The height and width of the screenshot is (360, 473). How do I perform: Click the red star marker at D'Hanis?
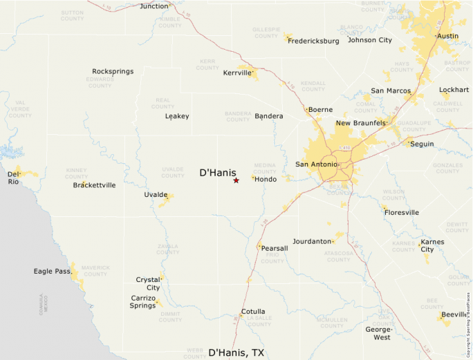236,180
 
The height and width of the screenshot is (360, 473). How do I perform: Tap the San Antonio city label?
316,164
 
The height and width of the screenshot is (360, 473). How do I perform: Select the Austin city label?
448,36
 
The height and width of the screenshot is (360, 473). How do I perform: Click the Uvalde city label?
156,195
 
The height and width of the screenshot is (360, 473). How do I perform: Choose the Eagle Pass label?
52,271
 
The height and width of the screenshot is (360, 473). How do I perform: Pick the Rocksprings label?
113,71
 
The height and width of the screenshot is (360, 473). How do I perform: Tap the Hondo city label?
266,179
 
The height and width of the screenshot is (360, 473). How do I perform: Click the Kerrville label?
237,73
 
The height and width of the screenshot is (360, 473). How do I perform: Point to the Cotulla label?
253,312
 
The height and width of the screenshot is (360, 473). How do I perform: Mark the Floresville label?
402,213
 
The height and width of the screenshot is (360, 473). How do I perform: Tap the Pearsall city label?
275,248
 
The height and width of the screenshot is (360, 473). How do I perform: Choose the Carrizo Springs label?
143,301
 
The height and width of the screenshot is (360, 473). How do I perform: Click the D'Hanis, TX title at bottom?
236,352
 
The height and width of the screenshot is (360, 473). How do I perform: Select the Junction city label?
154,6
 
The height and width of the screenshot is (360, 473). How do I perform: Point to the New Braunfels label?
360,123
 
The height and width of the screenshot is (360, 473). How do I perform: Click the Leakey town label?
177,116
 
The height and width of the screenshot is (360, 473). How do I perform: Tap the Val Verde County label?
20,109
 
